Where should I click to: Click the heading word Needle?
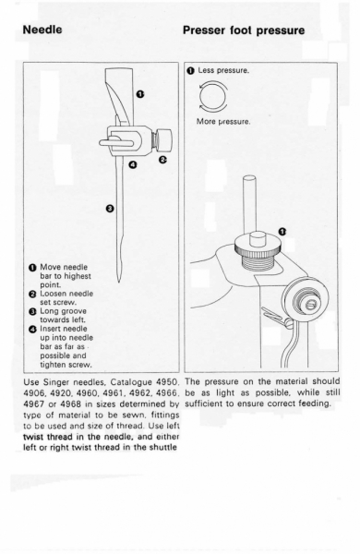pyautogui.click(x=42, y=30)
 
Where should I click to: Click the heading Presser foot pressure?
pyautogui.click(x=244, y=30)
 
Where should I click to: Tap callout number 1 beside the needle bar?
pyautogui.click(x=140, y=94)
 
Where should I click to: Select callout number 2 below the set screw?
pyautogui.click(x=162, y=160)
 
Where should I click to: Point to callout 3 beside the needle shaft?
pyautogui.click(x=110, y=209)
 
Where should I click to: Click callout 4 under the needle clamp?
pyautogui.click(x=133, y=164)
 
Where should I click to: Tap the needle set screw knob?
pyautogui.click(x=164, y=137)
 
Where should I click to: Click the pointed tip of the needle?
pyautogui.click(x=119, y=282)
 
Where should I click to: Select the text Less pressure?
pyautogui.click(x=223, y=70)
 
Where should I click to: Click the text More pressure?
pyautogui.click(x=223, y=122)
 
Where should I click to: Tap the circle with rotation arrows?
pyautogui.click(x=213, y=96)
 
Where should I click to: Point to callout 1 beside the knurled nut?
pyautogui.click(x=282, y=232)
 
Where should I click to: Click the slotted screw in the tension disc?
pyautogui.click(x=311, y=304)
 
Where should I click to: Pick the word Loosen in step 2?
pyautogui.click(x=52, y=294)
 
